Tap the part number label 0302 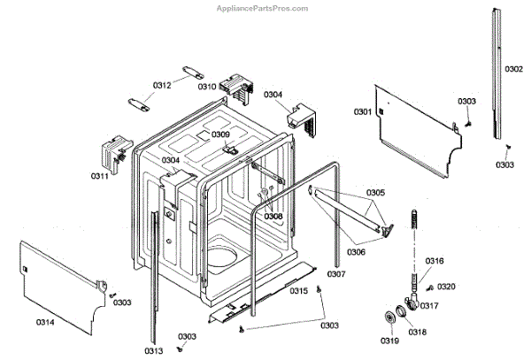tap(514, 68)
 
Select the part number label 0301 tap(363, 112)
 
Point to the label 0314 tap(45, 322)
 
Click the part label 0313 tap(155, 350)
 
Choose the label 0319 tap(390, 341)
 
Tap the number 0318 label tap(417, 332)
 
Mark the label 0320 tap(447, 286)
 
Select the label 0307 tap(336, 273)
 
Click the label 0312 tap(162, 85)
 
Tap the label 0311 tap(100, 176)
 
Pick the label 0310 tap(207, 87)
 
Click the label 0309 tap(220, 134)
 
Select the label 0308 tap(273, 216)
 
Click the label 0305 tap(376, 193)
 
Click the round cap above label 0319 tap(389, 319)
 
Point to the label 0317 tap(429, 306)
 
